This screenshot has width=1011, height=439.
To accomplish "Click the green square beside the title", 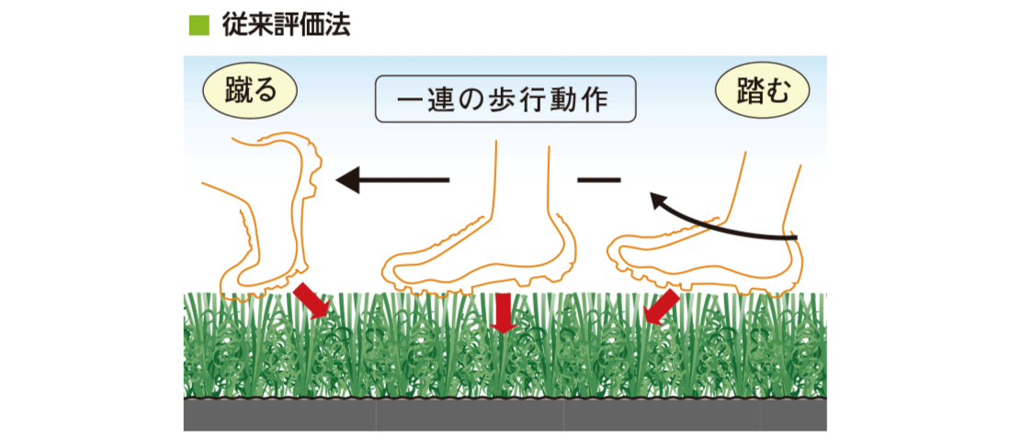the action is (x=197, y=26).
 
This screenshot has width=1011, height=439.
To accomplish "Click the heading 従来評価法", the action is (x=286, y=26).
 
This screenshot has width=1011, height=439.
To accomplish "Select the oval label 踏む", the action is (x=762, y=92).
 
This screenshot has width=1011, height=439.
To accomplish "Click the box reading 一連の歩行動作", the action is (x=505, y=99).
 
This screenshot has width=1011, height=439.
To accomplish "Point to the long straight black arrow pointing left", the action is (x=392, y=179).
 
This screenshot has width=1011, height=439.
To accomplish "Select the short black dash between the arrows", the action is (x=598, y=179).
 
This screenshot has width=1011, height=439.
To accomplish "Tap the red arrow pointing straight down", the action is (x=503, y=313).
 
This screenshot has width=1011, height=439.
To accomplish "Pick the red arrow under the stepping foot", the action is (x=661, y=306).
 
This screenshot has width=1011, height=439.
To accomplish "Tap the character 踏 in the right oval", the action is (x=749, y=92).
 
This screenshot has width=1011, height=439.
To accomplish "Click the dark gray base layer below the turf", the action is (x=505, y=414).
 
